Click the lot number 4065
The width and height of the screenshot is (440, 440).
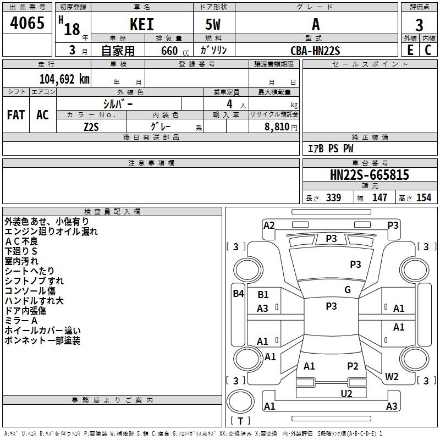[27, 23]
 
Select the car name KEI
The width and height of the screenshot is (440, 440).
[142, 24]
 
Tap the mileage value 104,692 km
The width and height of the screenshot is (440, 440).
[64, 79]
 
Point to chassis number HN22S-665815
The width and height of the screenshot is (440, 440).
[369, 175]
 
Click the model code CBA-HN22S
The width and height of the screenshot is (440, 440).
[315, 51]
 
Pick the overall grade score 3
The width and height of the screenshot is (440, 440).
[419, 25]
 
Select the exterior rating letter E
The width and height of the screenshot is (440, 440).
[410, 50]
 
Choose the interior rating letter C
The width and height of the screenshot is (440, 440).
[428, 50]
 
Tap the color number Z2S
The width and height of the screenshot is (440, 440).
[91, 127]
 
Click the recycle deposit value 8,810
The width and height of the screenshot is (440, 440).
[277, 127]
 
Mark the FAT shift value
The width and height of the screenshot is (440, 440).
[16, 115]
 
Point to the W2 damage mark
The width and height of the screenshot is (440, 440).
[392, 376]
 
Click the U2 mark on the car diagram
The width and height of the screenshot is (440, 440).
[346, 394]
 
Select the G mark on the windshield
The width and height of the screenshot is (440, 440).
[348, 290]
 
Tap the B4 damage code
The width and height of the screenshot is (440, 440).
[239, 294]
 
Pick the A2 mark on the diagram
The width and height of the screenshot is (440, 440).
[269, 226]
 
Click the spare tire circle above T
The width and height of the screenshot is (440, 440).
[240, 402]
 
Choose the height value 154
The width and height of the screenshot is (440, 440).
[424, 197]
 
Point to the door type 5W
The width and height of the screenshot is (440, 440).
[213, 24]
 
